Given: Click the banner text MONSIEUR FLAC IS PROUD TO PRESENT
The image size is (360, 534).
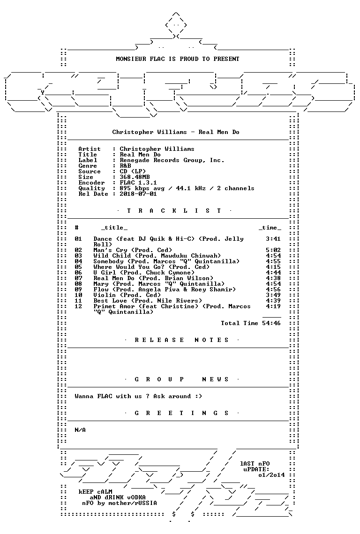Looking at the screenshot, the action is (178, 59).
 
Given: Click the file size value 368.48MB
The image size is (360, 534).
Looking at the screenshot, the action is (135, 177).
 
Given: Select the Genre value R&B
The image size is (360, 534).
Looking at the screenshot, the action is (125, 166).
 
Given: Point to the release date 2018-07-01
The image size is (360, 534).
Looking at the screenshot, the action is (138, 194).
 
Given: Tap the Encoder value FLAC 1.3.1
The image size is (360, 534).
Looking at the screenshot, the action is (138, 183).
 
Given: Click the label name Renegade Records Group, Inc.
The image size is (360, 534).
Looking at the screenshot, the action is (172, 160).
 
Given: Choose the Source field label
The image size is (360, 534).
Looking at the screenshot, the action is (90, 171).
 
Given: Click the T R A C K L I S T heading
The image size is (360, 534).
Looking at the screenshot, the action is (174, 211).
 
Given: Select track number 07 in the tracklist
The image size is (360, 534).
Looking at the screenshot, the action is (78, 278).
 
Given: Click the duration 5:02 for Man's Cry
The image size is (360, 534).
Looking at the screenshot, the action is (273, 250).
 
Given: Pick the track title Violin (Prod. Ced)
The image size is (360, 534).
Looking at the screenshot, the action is (127, 295).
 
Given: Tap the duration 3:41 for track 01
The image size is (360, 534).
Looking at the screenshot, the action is (273, 239).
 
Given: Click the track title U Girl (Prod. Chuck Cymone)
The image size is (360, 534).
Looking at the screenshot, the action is (144, 273).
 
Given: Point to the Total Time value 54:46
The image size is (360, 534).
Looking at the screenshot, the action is (271, 323).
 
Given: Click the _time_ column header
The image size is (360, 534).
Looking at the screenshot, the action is (270, 228).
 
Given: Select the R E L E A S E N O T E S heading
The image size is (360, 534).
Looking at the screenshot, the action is (181, 340).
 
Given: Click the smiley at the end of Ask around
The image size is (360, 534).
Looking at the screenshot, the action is (198, 396).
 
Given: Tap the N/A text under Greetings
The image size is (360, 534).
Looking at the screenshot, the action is (80, 430).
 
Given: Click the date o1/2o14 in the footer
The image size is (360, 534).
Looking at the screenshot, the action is (271, 475).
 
